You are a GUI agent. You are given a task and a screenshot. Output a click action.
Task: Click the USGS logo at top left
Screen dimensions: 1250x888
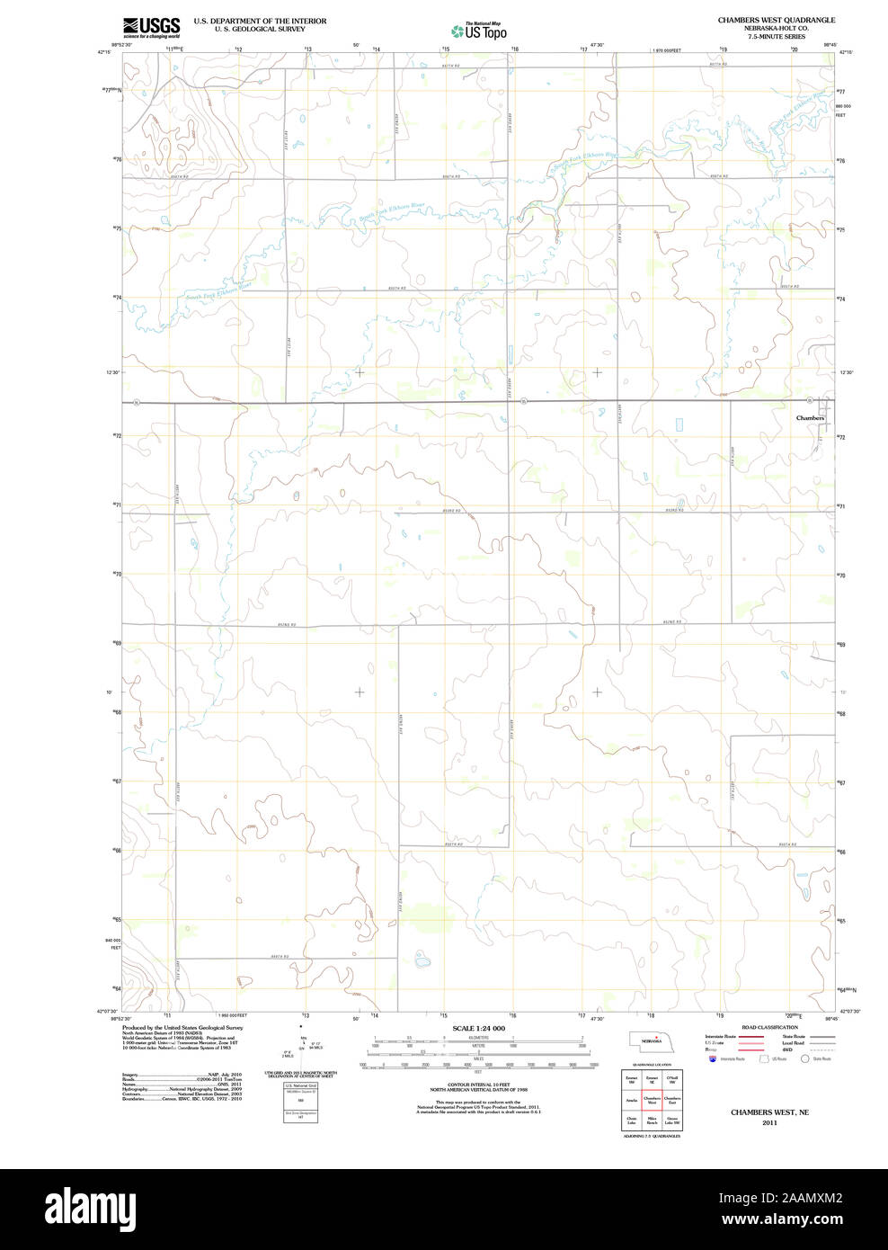point(151,26)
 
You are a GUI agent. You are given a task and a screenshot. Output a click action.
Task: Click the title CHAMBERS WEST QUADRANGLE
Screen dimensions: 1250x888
point(776,20)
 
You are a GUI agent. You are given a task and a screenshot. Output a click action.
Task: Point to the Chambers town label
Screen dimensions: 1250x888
point(809,418)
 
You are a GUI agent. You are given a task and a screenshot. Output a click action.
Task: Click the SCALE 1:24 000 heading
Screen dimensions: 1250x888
point(478,1028)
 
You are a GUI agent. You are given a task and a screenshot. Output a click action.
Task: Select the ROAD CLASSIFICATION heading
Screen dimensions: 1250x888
point(769,1027)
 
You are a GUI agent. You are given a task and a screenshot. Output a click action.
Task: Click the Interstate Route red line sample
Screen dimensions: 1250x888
point(751,1037)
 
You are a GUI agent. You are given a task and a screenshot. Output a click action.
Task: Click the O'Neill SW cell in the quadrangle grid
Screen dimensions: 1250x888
point(672,1079)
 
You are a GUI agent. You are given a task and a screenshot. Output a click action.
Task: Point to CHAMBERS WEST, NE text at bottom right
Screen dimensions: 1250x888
point(769,1112)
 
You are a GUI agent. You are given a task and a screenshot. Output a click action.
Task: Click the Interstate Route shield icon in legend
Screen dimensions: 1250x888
point(713,1059)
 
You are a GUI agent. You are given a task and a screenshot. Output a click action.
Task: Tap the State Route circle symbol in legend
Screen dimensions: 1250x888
point(805,1059)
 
